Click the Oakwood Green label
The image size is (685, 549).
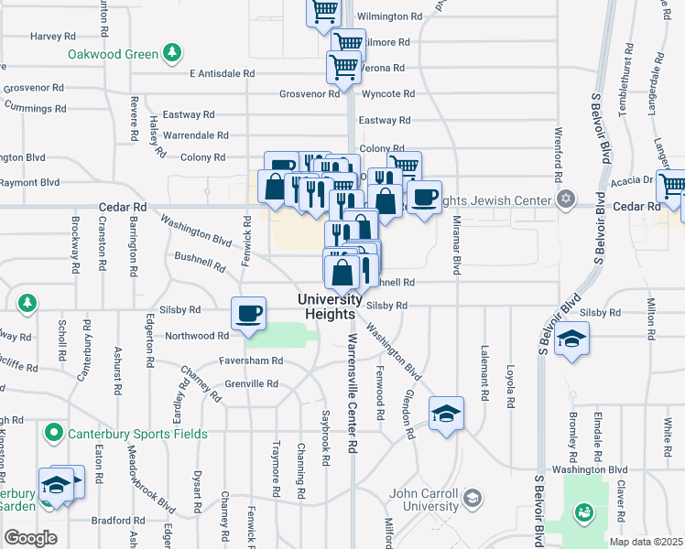113,54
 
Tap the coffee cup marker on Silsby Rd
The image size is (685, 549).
249,313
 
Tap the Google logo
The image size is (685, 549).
30,537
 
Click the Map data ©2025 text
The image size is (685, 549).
646,542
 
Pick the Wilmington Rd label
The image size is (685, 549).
389,16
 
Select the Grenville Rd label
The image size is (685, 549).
251,383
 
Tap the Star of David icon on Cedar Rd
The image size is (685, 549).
566,199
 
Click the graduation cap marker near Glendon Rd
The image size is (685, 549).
447,413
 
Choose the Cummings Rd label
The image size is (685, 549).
35,108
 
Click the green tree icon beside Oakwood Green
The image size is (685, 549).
170,53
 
